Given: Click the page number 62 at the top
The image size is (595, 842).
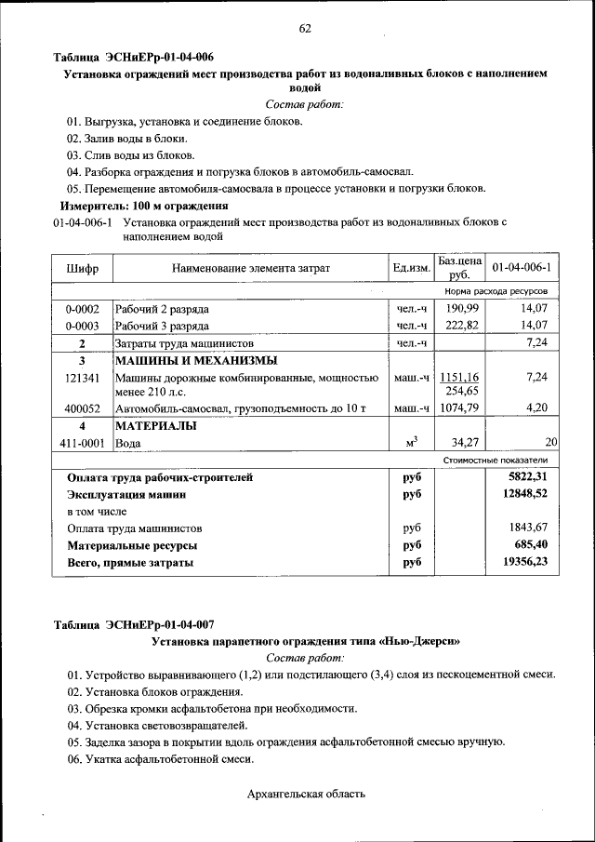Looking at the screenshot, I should [304, 28].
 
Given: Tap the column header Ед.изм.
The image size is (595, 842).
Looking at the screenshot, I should [410, 269].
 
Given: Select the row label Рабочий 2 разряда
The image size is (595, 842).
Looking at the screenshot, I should [162, 309].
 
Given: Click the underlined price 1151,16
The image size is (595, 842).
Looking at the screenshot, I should [459, 377].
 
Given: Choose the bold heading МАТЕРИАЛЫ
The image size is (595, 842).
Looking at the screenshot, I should [155, 426].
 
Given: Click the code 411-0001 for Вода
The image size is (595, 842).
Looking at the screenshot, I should [82, 444].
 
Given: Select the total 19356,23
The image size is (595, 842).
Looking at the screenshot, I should [522, 562].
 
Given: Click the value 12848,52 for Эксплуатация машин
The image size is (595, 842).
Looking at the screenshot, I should [522, 495].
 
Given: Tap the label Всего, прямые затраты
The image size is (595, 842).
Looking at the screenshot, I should [130, 563].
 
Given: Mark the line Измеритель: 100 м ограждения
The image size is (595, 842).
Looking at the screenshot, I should [144, 206].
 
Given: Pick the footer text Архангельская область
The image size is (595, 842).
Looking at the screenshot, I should [306, 794].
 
